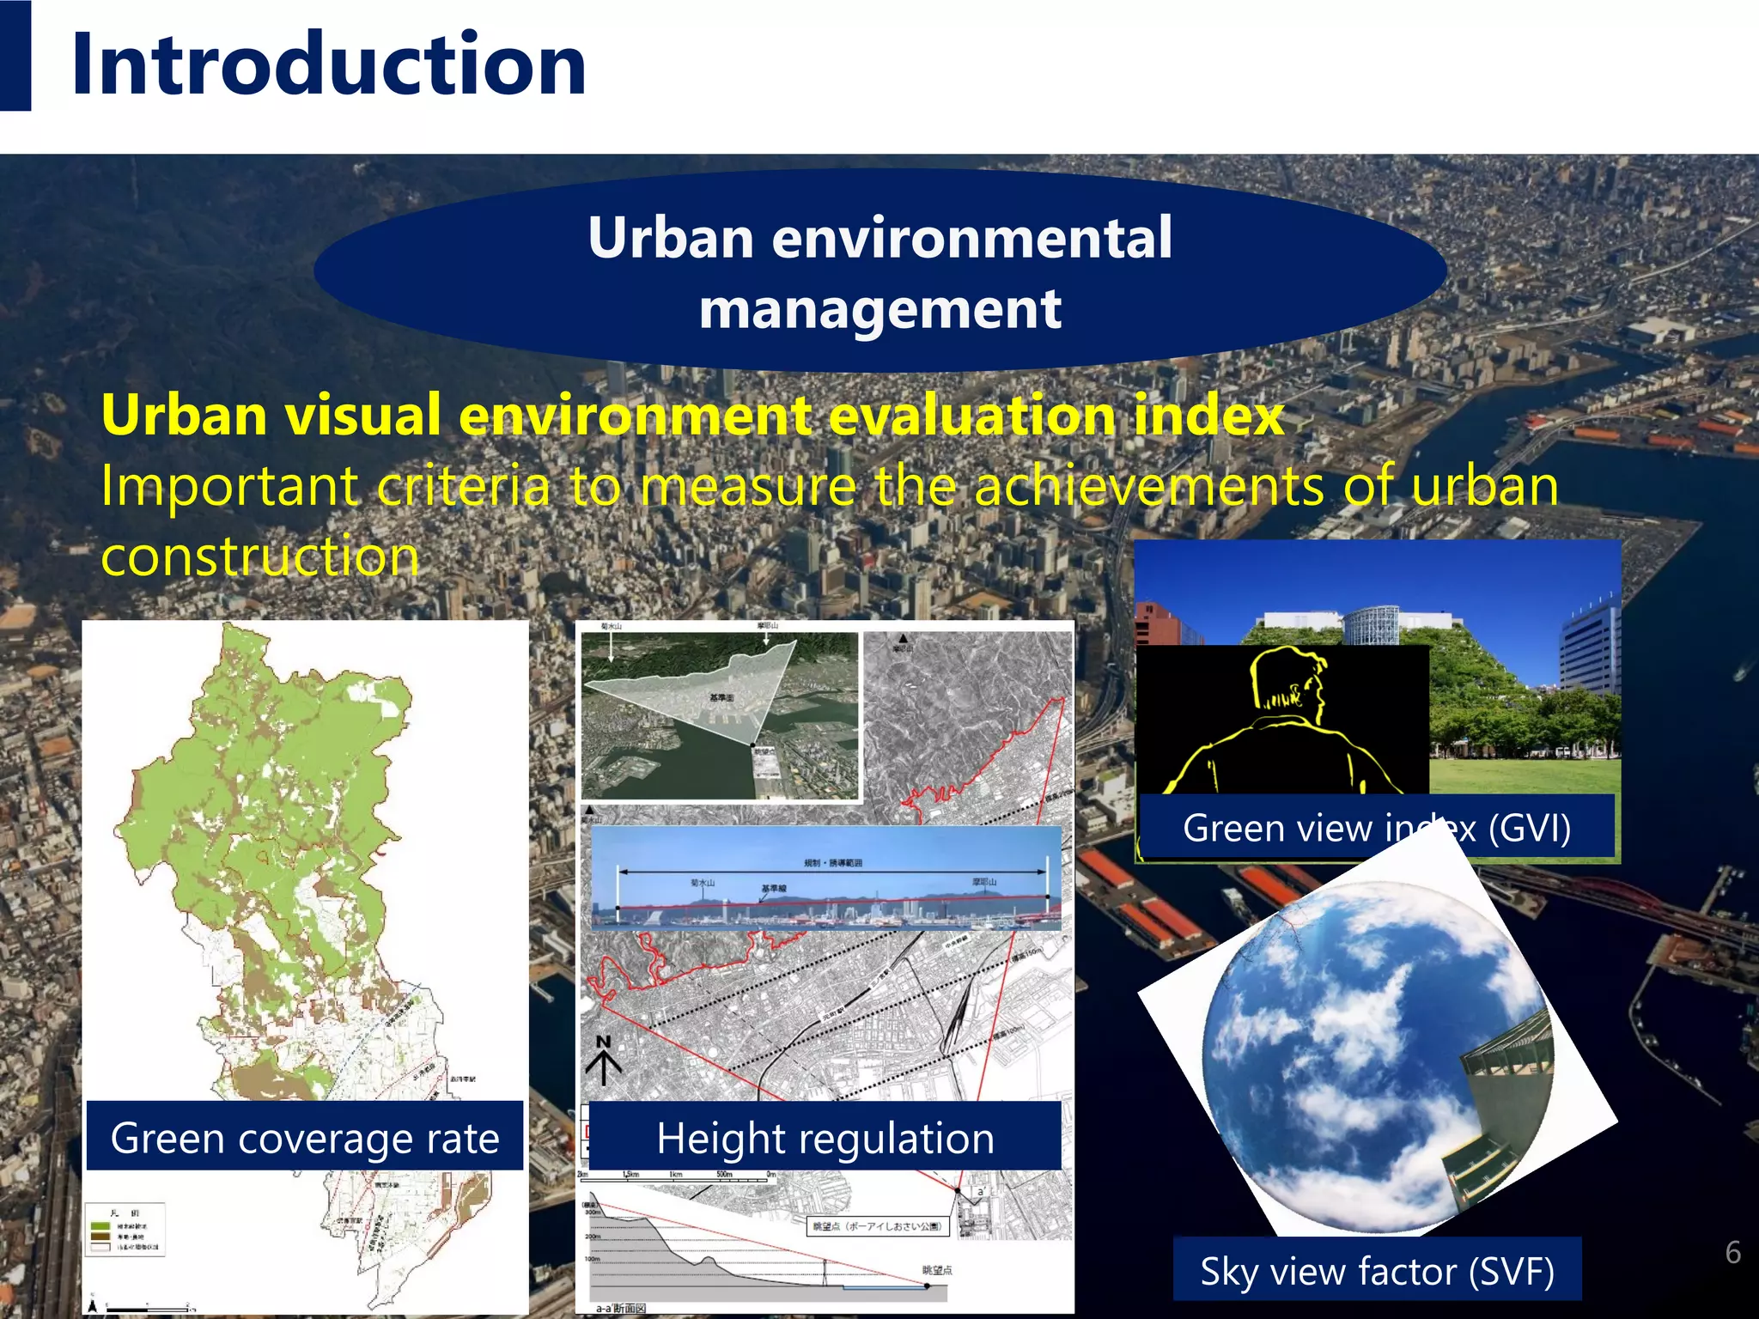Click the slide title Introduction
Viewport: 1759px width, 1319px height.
329,64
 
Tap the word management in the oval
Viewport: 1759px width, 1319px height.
879,309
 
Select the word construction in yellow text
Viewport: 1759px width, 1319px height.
260,556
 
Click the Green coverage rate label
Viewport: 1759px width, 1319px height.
305,1138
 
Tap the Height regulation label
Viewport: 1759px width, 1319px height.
825,1138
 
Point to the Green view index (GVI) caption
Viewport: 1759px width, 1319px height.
1376,828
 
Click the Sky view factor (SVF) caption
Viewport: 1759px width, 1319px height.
1377,1271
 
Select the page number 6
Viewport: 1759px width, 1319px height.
1732,1253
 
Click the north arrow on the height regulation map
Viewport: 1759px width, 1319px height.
604,1060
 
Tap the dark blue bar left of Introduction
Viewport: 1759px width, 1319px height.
15,56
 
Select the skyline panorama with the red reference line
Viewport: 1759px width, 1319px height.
826,878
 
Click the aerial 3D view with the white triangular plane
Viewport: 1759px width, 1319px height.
720,714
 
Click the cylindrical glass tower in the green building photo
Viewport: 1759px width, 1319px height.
1373,623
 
